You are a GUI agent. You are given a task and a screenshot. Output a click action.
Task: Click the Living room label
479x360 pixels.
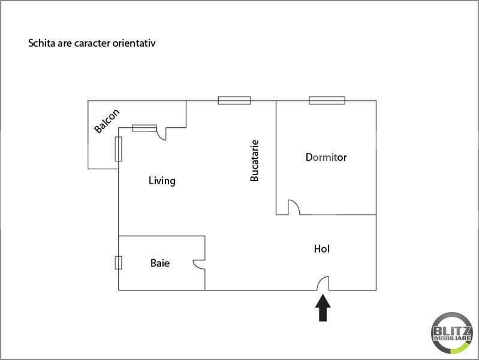[x=162, y=181]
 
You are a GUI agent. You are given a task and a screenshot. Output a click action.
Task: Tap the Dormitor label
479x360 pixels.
[x=326, y=158]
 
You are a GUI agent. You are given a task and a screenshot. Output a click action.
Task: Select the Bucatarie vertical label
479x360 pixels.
[x=255, y=161]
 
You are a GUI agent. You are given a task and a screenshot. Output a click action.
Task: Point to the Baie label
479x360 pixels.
[x=159, y=263]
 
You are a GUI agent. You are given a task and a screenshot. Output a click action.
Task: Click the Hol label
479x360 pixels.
[x=322, y=248]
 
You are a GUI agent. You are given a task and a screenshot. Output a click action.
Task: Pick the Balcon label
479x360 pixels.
[x=107, y=121]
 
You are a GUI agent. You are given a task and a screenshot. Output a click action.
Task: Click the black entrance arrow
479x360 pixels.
[x=323, y=308]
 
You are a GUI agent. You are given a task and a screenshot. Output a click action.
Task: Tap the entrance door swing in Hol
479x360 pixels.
[x=323, y=283]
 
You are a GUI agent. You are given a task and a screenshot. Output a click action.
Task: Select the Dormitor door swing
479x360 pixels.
[x=294, y=207]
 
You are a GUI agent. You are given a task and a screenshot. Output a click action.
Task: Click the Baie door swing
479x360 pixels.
[x=198, y=264]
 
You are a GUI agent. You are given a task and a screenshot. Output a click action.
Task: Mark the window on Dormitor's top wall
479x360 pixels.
[x=327, y=100]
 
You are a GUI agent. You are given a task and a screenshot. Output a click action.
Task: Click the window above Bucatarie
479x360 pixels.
[x=234, y=100]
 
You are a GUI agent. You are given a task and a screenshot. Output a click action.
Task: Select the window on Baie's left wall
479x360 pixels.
[x=118, y=263]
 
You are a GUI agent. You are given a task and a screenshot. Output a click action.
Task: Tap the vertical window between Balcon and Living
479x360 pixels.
[x=118, y=149]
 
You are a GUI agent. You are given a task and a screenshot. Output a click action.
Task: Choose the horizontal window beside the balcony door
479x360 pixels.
[x=144, y=127]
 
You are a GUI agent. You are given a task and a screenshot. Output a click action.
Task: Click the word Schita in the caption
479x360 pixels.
[x=40, y=44]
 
